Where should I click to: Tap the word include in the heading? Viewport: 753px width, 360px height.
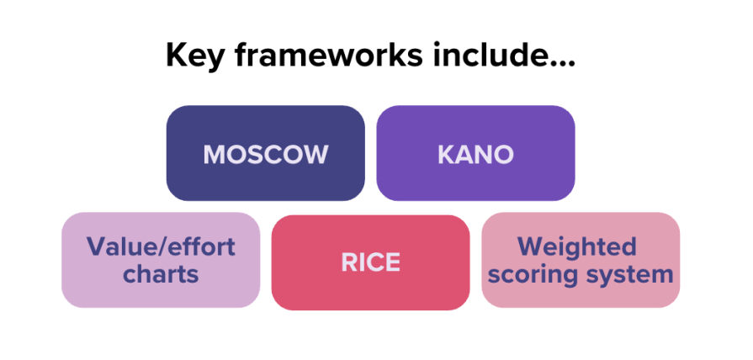pos(490,56)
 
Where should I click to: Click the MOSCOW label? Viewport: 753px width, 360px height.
pos(266,155)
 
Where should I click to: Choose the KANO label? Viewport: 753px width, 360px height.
pos(475,155)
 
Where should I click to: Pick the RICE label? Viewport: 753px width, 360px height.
pos(370,262)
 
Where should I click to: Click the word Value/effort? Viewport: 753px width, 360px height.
pos(161,247)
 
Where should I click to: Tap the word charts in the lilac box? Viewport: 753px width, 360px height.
pos(161,274)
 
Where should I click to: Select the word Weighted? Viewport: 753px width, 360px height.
pos(576,247)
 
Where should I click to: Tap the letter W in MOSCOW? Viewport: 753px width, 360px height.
pos(313,155)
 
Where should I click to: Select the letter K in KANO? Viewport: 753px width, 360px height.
pos(447,155)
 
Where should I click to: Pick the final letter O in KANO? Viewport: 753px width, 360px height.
pos(503,155)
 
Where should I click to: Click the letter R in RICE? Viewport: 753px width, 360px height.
pos(349,262)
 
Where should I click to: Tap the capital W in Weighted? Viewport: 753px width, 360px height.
pos(532,246)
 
